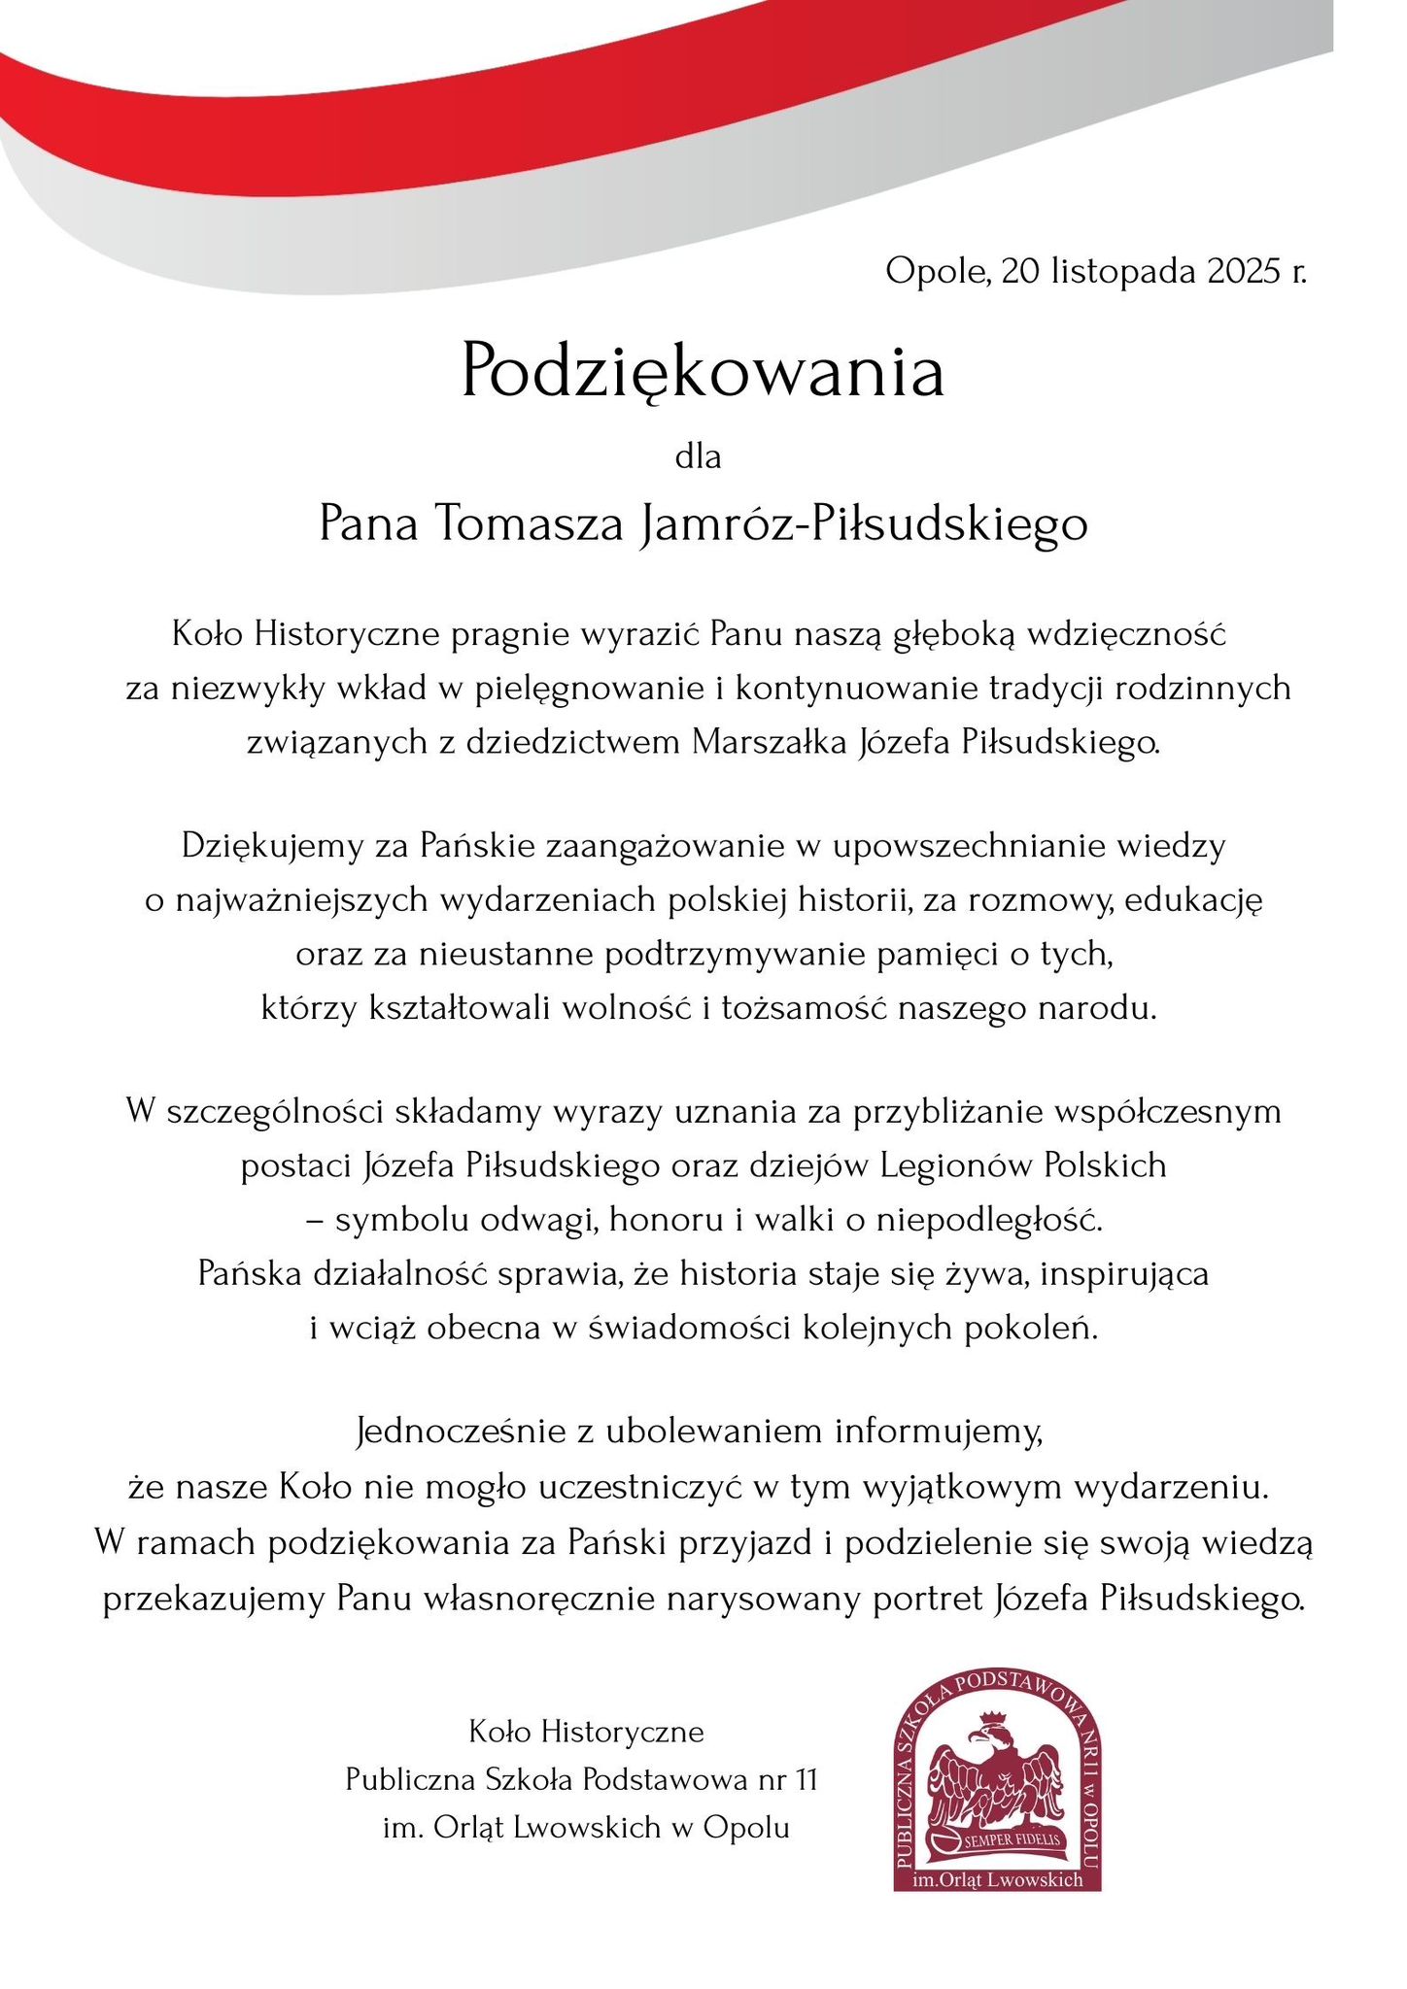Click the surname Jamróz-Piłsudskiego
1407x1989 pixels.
(x=863, y=525)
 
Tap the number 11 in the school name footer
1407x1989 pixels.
(x=805, y=1780)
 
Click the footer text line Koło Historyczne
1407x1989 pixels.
(x=586, y=1732)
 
